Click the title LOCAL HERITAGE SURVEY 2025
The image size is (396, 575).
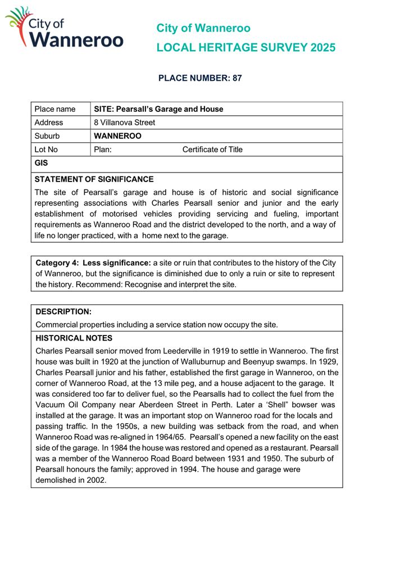click(x=246, y=47)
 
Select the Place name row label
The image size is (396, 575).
click(x=55, y=108)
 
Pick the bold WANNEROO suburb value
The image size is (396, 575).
click(x=117, y=136)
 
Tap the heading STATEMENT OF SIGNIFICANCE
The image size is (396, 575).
click(x=94, y=179)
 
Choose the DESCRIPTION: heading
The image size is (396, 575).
click(x=63, y=311)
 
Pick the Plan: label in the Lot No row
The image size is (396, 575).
click(x=103, y=150)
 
